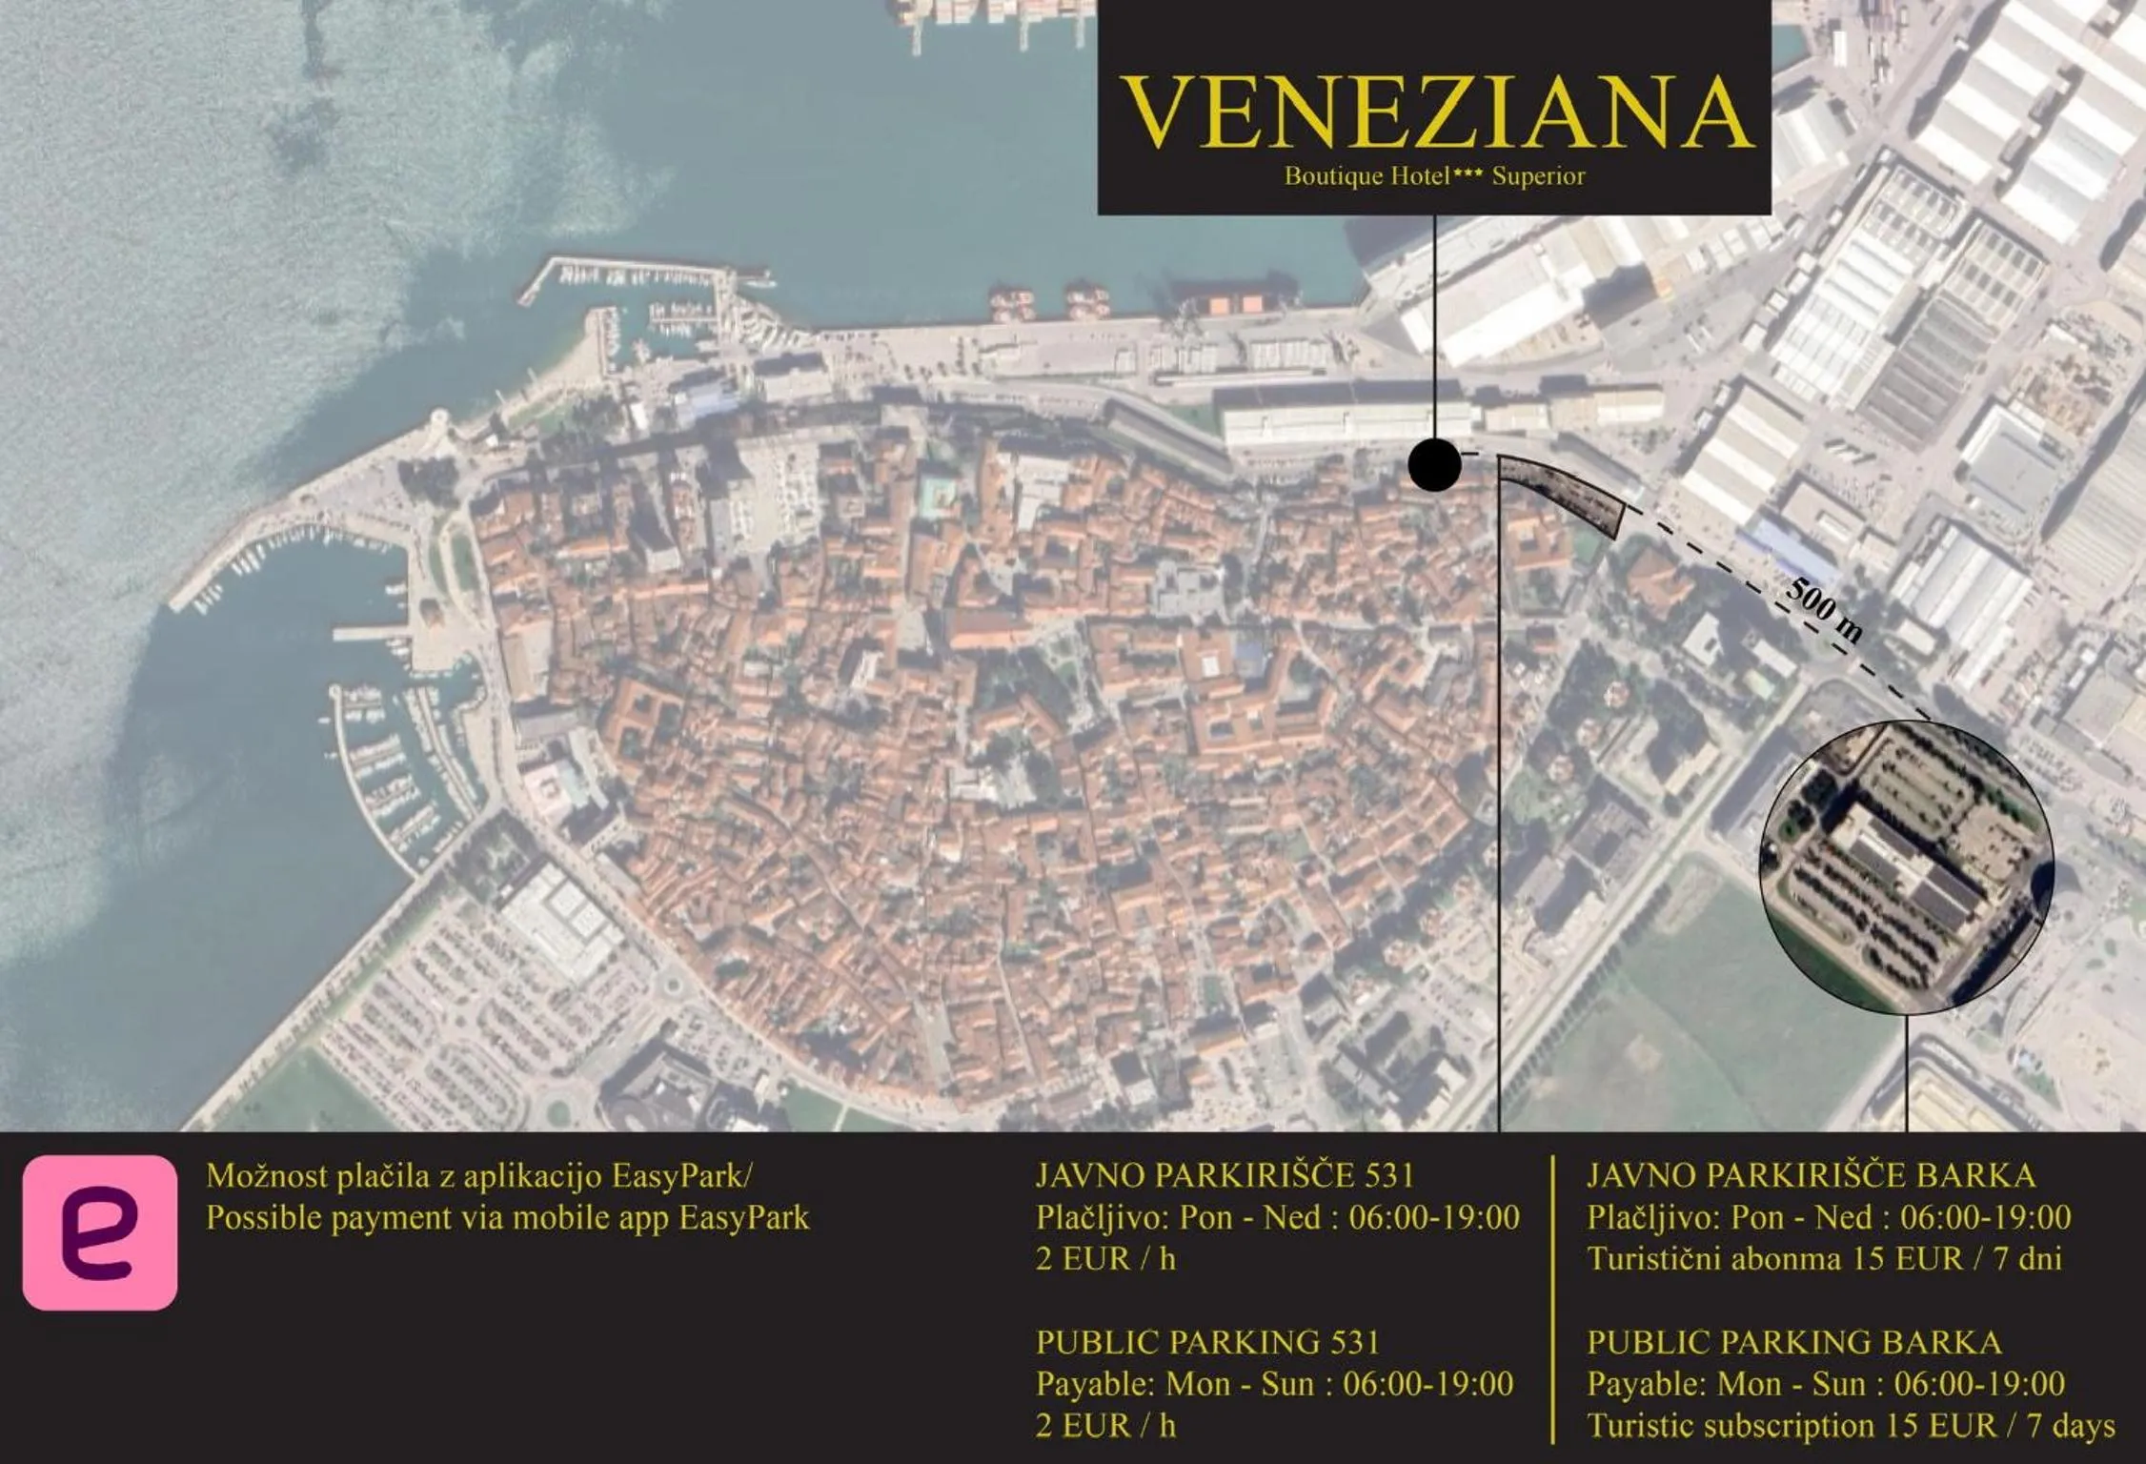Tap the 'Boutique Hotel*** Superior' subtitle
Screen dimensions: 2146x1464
coord(1434,176)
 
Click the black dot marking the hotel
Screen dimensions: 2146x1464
coord(1434,465)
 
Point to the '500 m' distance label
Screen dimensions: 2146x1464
coord(1823,610)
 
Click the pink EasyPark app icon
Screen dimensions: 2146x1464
coord(100,1232)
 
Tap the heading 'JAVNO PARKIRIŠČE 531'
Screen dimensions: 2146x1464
coord(1225,1175)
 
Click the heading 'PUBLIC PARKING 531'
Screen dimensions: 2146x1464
coord(1207,1342)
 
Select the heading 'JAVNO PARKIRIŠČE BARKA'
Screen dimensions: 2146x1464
coord(1811,1175)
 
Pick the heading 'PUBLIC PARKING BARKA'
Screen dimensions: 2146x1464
coord(1793,1342)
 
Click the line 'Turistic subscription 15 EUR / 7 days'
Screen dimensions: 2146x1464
coord(1850,1425)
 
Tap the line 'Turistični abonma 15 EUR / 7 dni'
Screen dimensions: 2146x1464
coord(1824,1259)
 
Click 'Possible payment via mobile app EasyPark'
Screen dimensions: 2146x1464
coord(508,1217)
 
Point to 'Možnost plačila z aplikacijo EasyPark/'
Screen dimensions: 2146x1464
coord(479,1176)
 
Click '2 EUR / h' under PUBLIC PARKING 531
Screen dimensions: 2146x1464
coord(1105,1425)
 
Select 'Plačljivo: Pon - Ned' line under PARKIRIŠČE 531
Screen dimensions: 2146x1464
coord(1277,1217)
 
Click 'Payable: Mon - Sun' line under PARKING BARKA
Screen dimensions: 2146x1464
coord(1825,1383)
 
